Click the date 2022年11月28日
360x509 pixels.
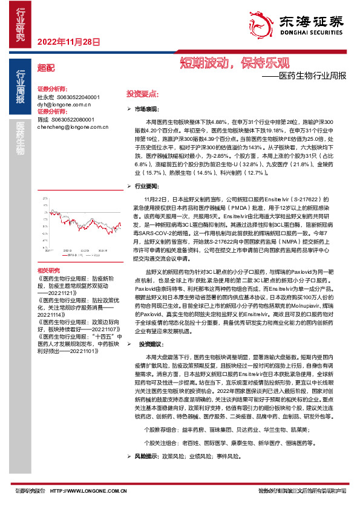(x=68, y=42)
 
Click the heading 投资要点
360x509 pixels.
(x=142, y=95)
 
